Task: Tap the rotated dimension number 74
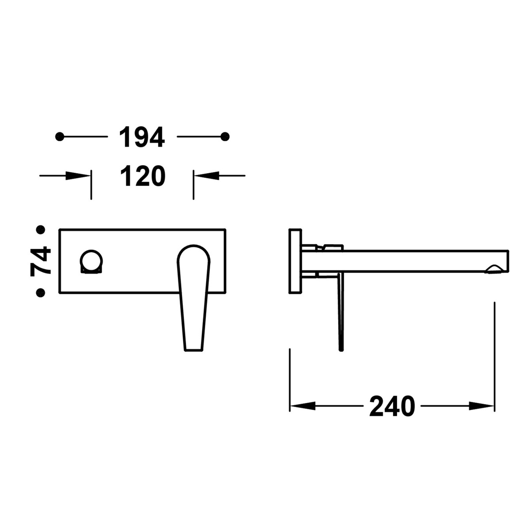41,262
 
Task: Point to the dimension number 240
392,406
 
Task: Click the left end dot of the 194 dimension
59,137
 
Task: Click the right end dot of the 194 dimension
225,137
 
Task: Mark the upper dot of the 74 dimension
41,230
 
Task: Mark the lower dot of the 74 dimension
41,292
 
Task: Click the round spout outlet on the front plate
92,261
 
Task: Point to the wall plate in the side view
295,261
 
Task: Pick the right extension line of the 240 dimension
494,354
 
